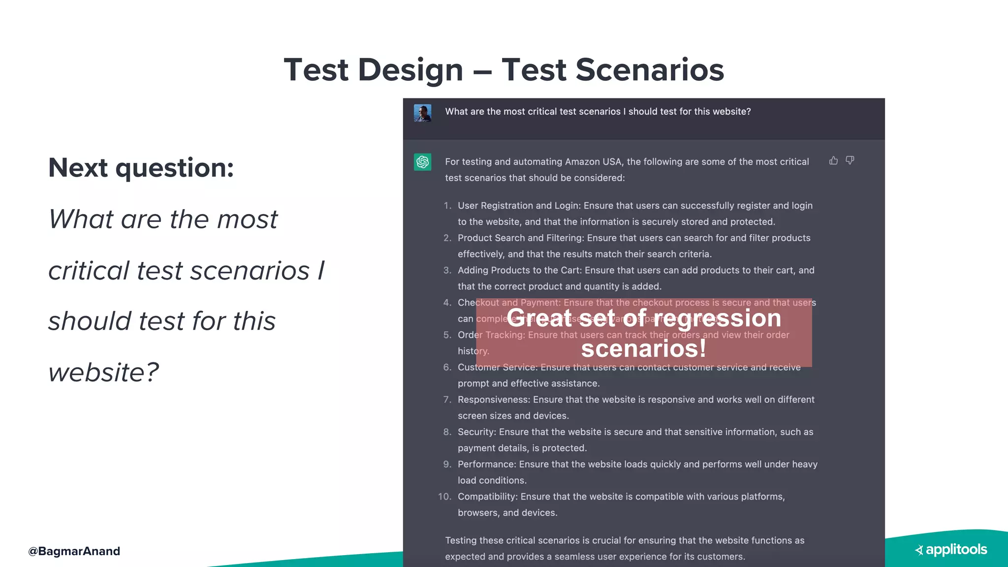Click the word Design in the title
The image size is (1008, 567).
point(410,70)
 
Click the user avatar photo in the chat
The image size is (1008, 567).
point(422,113)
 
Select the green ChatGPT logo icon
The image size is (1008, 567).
point(422,162)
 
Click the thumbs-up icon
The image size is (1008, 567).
point(833,160)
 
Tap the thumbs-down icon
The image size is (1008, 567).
point(850,160)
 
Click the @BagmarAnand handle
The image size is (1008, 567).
point(74,551)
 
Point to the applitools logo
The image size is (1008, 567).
point(951,550)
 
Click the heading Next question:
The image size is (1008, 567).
point(141,168)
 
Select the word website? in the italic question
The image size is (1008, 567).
point(104,372)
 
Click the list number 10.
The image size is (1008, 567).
point(444,497)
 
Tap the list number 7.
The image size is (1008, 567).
point(447,400)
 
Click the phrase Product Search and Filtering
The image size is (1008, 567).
point(520,238)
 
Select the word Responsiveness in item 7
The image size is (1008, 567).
point(494,400)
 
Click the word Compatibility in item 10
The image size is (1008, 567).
point(487,497)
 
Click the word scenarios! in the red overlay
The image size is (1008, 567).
point(643,348)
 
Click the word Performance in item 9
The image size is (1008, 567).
point(487,464)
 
